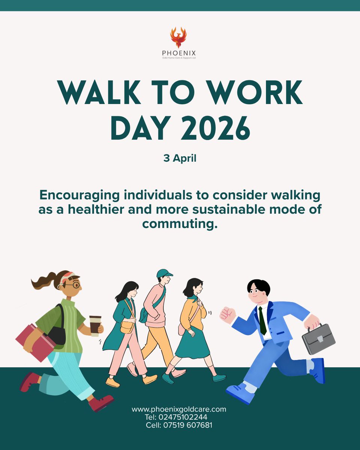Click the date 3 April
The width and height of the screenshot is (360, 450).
pos(180,158)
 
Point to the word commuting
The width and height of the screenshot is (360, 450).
pos(180,224)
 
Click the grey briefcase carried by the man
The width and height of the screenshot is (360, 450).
pos(318,339)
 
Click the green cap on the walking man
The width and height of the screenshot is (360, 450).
pos(164,273)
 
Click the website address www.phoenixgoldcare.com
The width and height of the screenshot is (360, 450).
pos(179,409)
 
